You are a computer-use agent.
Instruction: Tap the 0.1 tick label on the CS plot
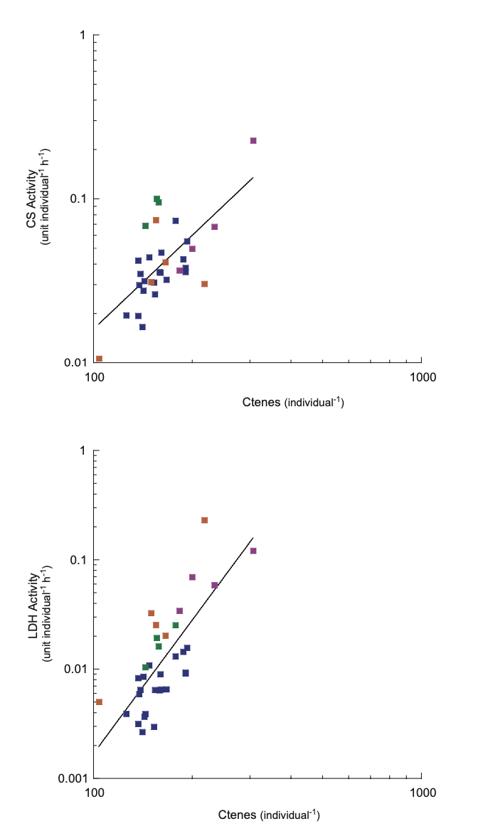tap(77, 199)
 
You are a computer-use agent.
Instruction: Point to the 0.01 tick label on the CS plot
tap(75, 362)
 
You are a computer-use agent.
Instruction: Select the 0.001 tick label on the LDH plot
tap(72, 778)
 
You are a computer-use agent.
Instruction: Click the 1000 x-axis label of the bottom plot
tap(422, 792)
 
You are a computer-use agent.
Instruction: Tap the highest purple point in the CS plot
tap(253, 141)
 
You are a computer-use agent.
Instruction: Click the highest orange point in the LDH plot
tap(204, 520)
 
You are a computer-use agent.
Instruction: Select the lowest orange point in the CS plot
tap(99, 359)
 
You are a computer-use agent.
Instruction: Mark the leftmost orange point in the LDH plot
tap(99, 702)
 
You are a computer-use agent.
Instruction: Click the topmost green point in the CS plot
tap(157, 199)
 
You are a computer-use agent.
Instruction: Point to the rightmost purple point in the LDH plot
tap(253, 551)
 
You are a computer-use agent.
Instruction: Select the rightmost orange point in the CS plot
tap(204, 284)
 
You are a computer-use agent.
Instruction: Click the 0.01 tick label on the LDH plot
tap(75, 669)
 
